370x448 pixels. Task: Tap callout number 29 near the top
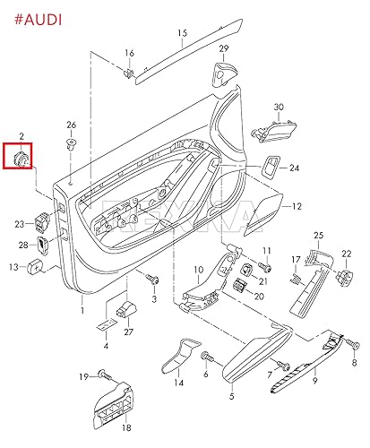[223, 47]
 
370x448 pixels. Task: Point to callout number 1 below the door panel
[82, 311]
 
